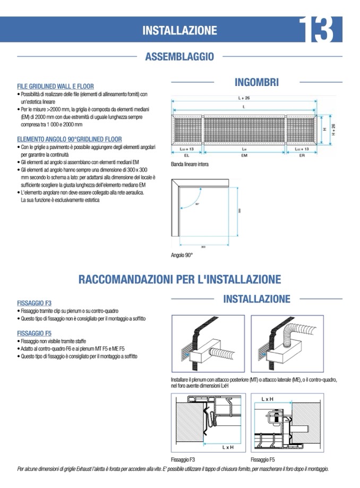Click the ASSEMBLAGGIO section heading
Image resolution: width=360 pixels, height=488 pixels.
[x=179, y=56]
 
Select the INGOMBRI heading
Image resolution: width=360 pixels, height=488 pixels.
[x=256, y=82]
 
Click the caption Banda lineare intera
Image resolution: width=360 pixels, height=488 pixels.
[x=190, y=165]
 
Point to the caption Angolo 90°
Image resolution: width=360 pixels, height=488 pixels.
[x=182, y=256]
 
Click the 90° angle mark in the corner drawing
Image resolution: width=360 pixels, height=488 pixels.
[x=197, y=204]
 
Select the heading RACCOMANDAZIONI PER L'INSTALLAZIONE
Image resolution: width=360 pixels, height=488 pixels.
[x=179, y=279]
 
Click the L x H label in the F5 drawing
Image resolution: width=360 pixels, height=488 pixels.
[x=268, y=398]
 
